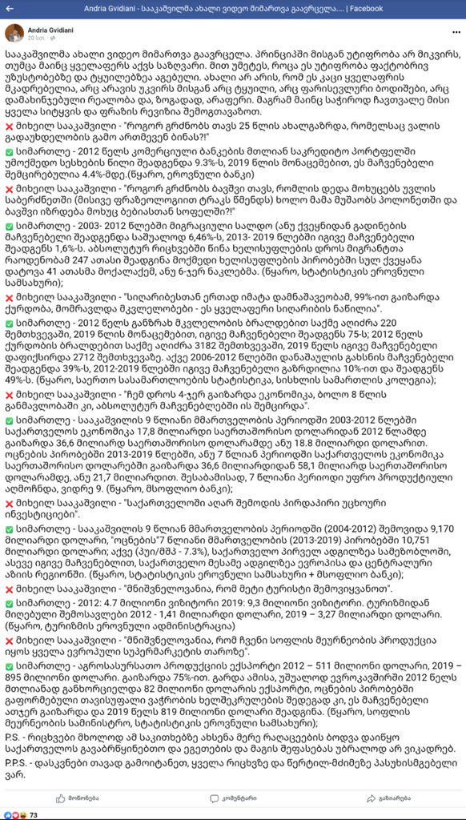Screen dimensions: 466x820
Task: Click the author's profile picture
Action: tap(14, 33)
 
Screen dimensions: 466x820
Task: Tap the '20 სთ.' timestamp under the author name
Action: tap(38, 38)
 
